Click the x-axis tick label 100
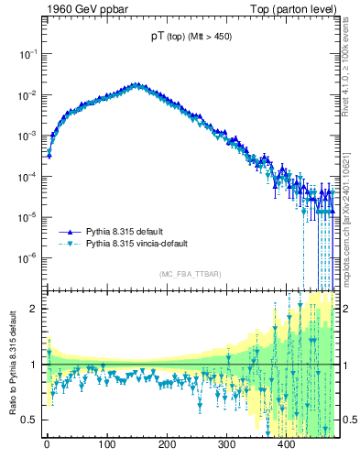(x=106, y=444)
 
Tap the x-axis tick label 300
(x=226, y=444)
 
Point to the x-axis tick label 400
(x=286, y=444)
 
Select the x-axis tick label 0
(x=47, y=444)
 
